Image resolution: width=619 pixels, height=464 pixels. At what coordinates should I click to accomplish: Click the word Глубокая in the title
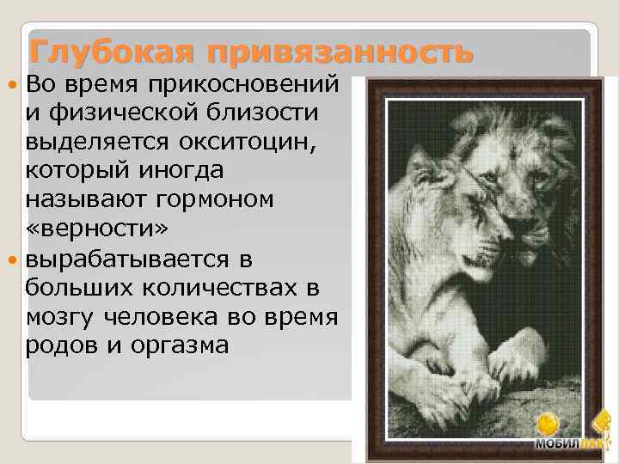pos(107,52)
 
